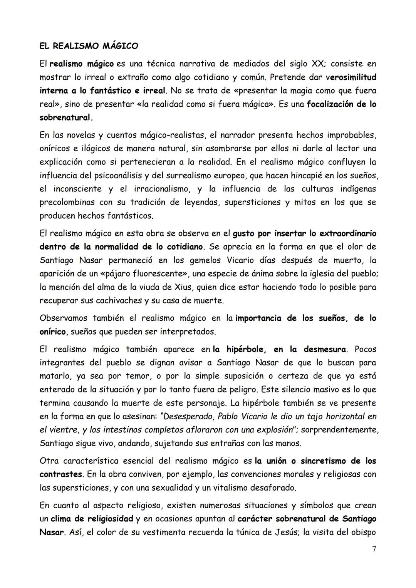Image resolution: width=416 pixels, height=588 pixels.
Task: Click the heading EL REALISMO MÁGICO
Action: [89, 46]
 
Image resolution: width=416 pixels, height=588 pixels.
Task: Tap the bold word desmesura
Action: [325, 349]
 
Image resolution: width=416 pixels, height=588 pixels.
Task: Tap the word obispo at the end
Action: [363, 533]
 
